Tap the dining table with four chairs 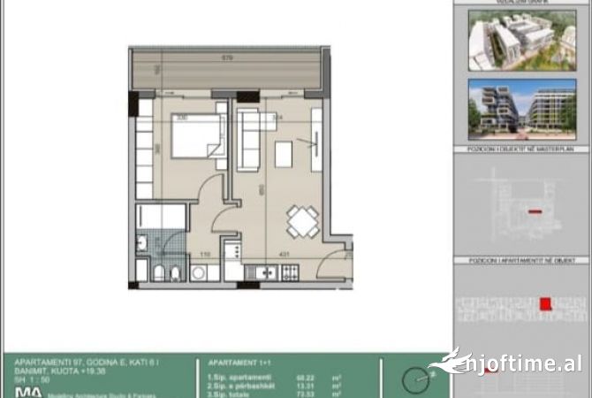[x=303, y=220]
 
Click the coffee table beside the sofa [x=284, y=154]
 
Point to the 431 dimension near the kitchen [x=285, y=255]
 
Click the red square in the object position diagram [x=543, y=306]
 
